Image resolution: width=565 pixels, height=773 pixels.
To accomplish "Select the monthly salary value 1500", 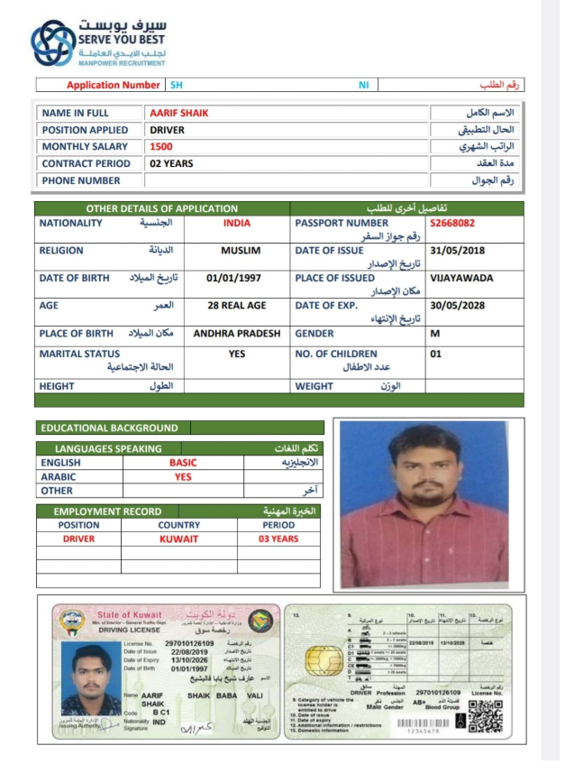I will click(161, 146).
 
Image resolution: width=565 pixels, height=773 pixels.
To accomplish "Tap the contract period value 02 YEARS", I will click(171, 163).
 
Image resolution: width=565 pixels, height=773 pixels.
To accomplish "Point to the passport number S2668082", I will click(452, 222).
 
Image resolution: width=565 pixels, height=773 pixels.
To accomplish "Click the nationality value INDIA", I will click(236, 222).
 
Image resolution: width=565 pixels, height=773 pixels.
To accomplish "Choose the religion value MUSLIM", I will click(241, 251).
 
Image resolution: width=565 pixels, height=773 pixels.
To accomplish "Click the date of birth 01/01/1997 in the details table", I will click(234, 279).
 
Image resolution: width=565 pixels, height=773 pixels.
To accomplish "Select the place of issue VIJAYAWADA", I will click(461, 279).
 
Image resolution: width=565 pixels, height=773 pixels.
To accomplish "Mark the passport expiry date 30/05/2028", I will click(458, 306).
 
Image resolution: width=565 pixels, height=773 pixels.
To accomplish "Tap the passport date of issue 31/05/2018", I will click(458, 251).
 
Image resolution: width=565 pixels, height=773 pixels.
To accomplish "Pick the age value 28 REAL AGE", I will click(236, 306).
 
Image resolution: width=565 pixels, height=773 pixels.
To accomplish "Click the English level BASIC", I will click(183, 463).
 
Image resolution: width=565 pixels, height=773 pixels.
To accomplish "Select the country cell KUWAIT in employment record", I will click(178, 538).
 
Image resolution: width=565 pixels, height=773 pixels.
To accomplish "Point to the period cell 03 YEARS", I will click(278, 538).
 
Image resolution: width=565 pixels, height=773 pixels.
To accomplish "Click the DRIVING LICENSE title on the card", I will click(123, 630).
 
